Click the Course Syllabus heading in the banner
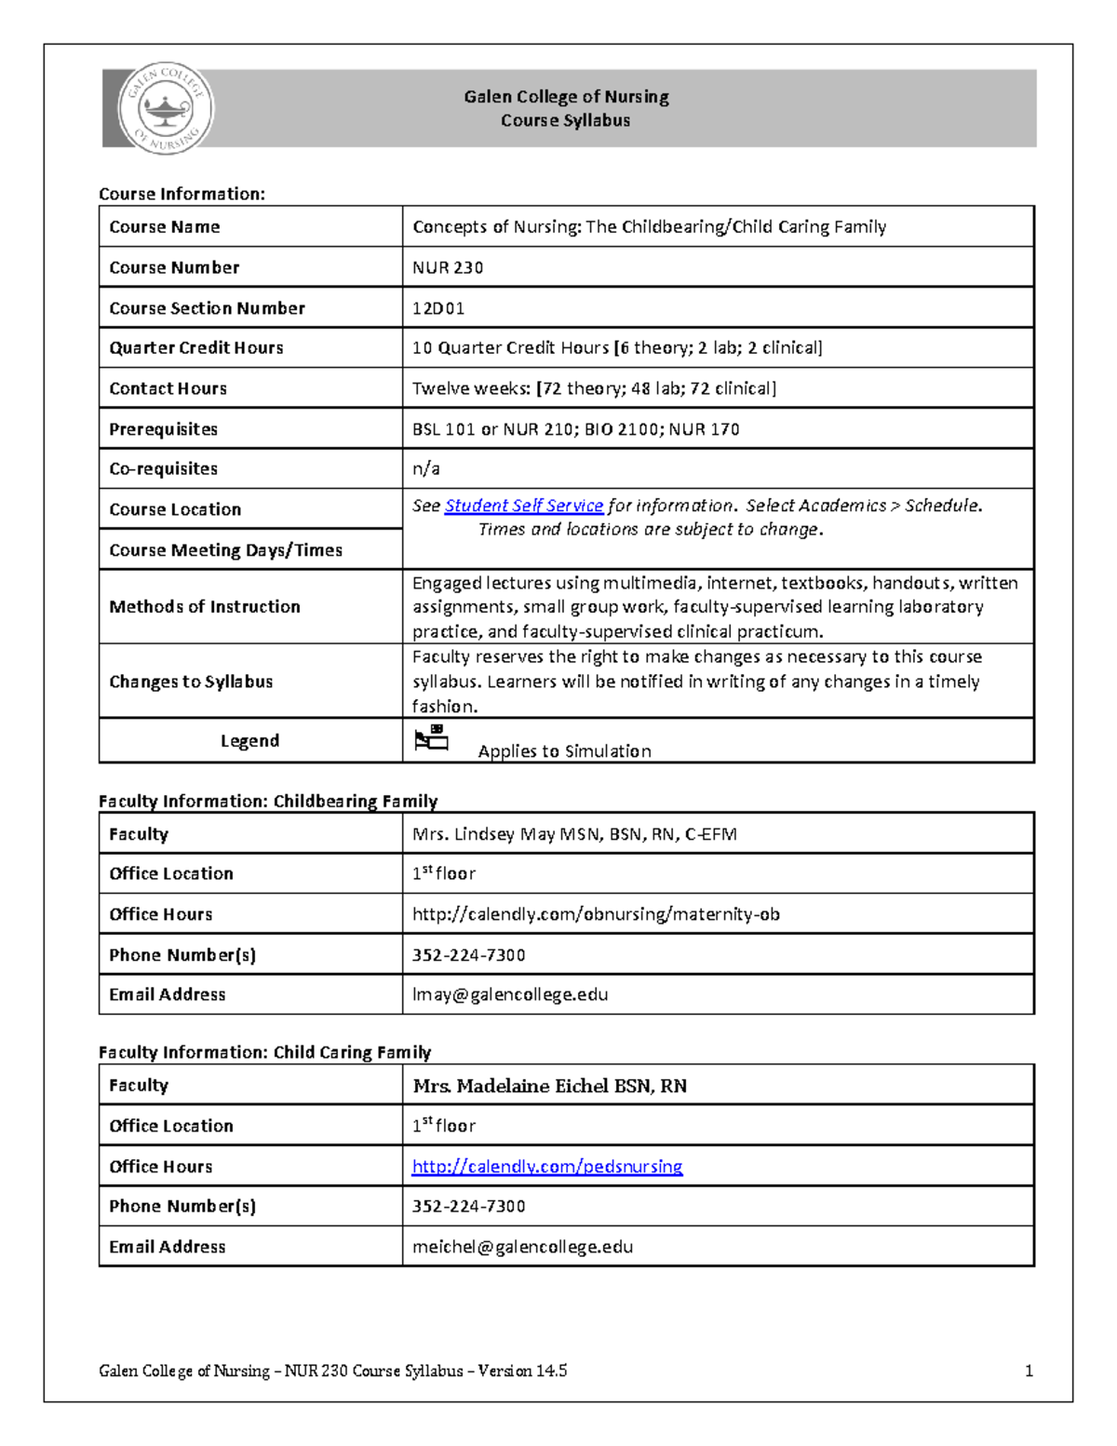[565, 120]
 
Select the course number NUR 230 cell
[448, 267]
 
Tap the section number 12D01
[438, 308]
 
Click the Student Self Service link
[524, 506]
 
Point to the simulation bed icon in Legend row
[431, 738]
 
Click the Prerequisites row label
[163, 429]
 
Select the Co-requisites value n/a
[426, 468]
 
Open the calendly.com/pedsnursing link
[547, 1167]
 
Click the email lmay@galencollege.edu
[510, 994]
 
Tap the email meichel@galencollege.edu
[522, 1247]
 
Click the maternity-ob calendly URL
[596, 914]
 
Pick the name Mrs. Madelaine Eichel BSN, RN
[549, 1086]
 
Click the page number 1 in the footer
[1029, 1371]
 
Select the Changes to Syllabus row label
[191, 682]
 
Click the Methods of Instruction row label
[205, 607]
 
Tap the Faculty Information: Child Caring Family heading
[265, 1052]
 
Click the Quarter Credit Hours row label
[196, 348]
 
